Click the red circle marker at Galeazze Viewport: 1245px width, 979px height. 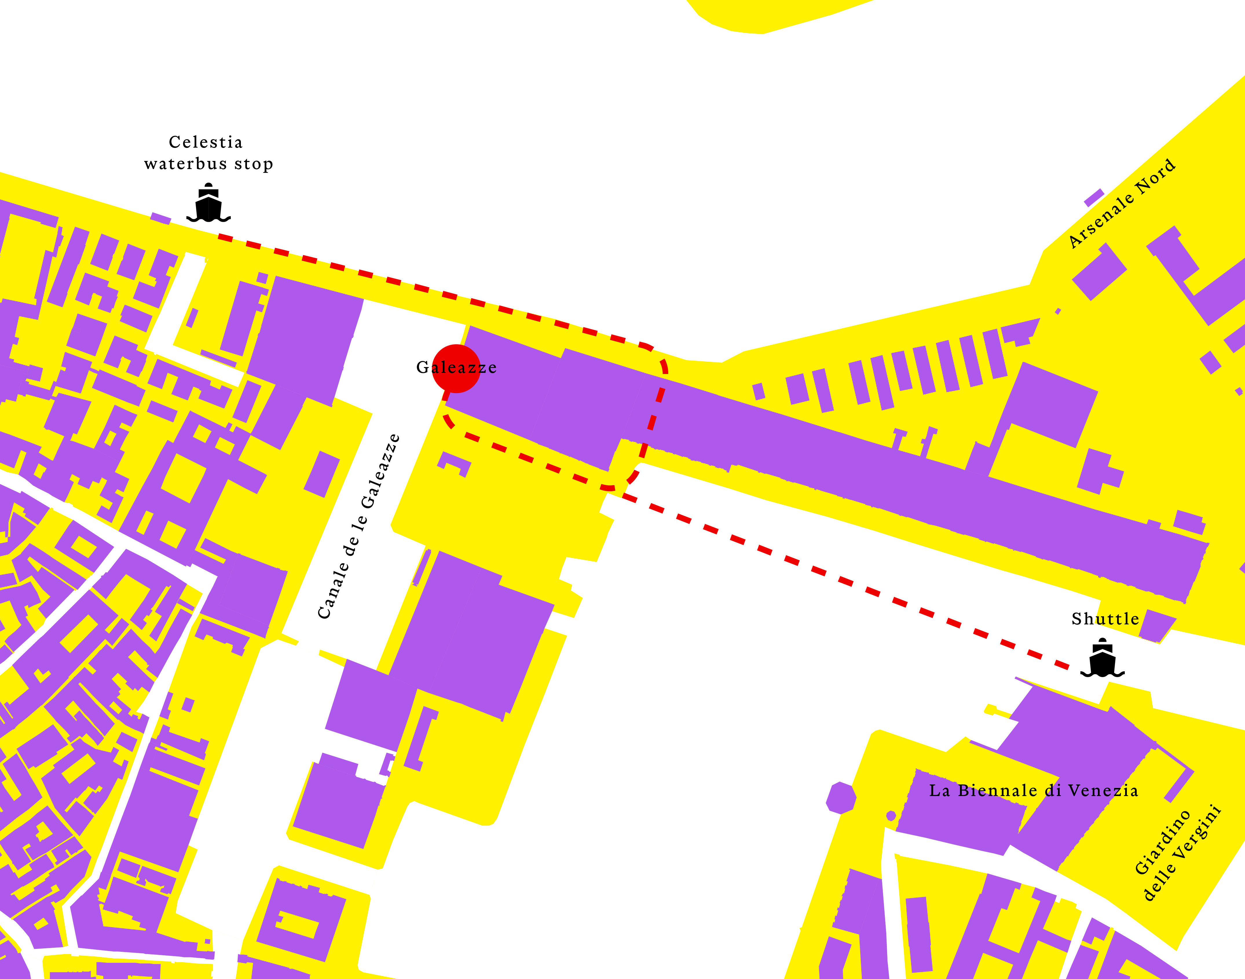[x=456, y=368]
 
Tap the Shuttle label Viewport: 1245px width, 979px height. [x=1105, y=619]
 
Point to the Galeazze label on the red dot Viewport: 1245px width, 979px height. [x=456, y=367]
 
